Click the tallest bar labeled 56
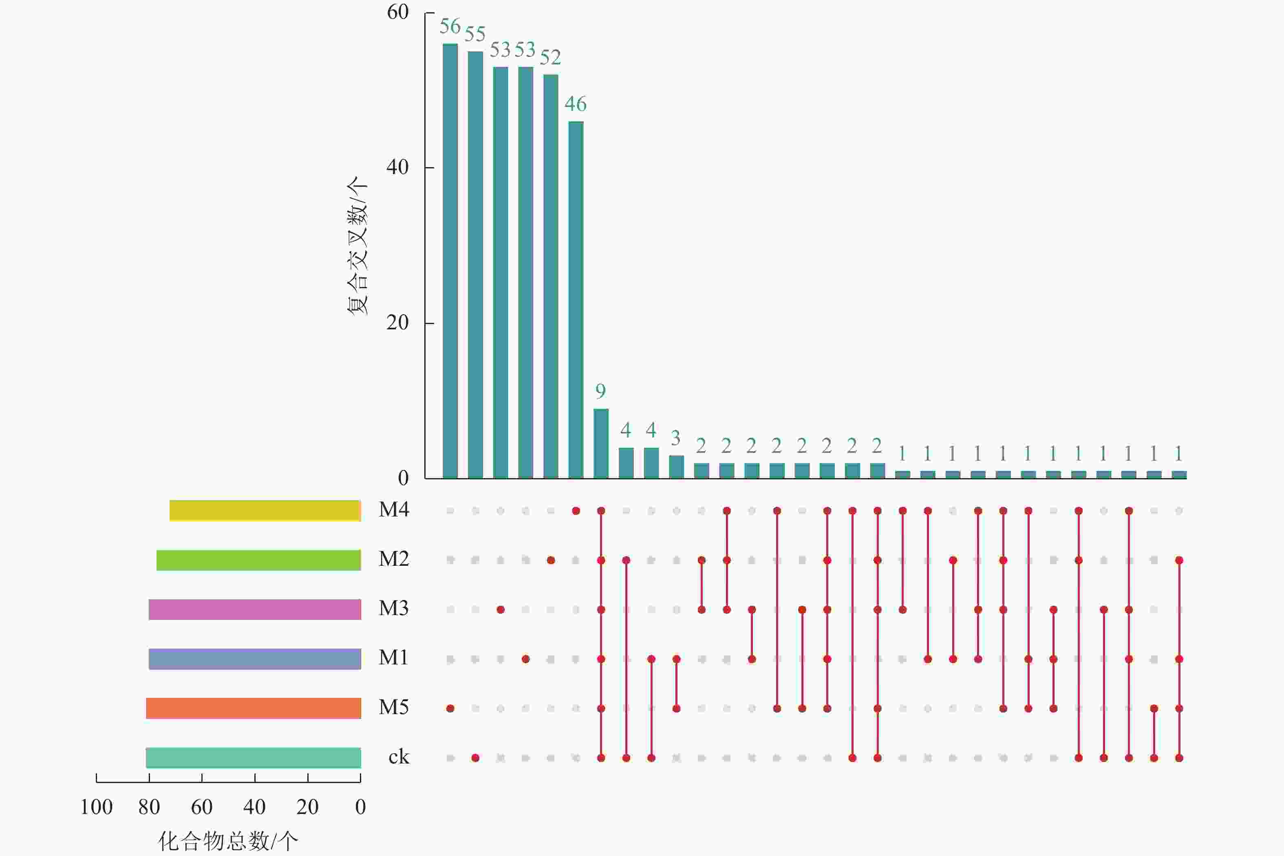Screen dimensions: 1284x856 click(450, 261)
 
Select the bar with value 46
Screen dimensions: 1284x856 click(576, 300)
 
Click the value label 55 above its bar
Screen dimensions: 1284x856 click(475, 34)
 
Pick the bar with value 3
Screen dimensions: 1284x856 click(676, 467)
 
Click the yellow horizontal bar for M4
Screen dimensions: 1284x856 click(265, 510)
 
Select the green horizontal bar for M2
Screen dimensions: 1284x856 click(259, 560)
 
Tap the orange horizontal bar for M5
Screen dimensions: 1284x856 click(253, 708)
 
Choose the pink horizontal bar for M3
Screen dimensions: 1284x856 click(255, 609)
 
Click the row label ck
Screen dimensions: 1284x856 click(399, 757)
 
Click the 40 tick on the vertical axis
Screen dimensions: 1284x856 click(397, 167)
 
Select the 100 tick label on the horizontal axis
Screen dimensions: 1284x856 click(97, 807)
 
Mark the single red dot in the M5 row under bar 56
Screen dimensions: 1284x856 click(450, 708)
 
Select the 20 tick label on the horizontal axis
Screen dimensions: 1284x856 click(307, 807)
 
